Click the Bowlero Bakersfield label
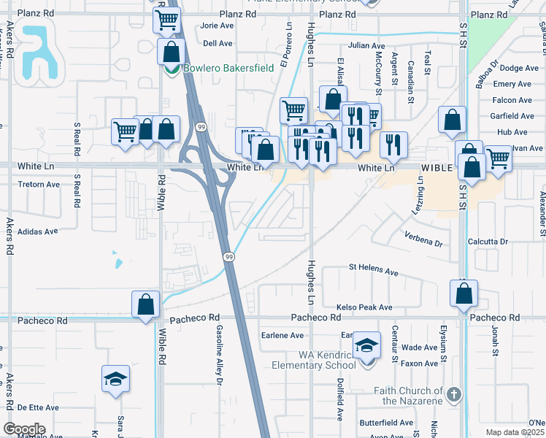[x=218, y=68]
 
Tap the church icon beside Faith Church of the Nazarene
[x=454, y=396]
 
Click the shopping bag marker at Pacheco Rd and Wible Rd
[x=145, y=305]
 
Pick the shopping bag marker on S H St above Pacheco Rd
[x=464, y=293]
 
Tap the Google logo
[x=24, y=429]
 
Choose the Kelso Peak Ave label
[x=364, y=308]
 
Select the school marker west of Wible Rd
[x=115, y=379]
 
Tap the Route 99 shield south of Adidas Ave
[x=228, y=257]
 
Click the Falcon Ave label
[x=512, y=100]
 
